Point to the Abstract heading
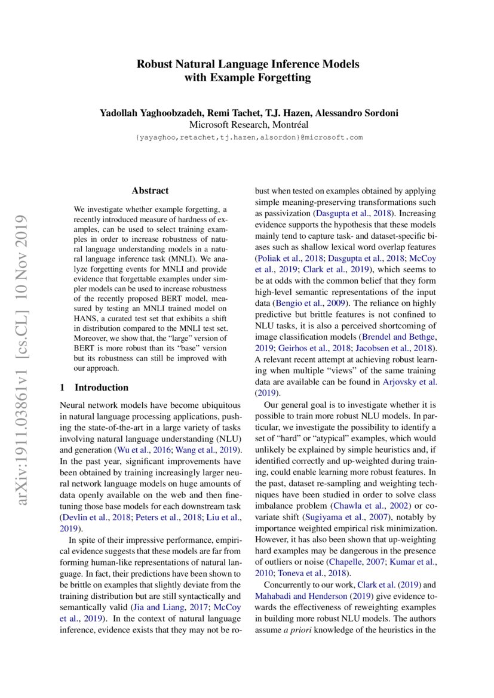(150, 191)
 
